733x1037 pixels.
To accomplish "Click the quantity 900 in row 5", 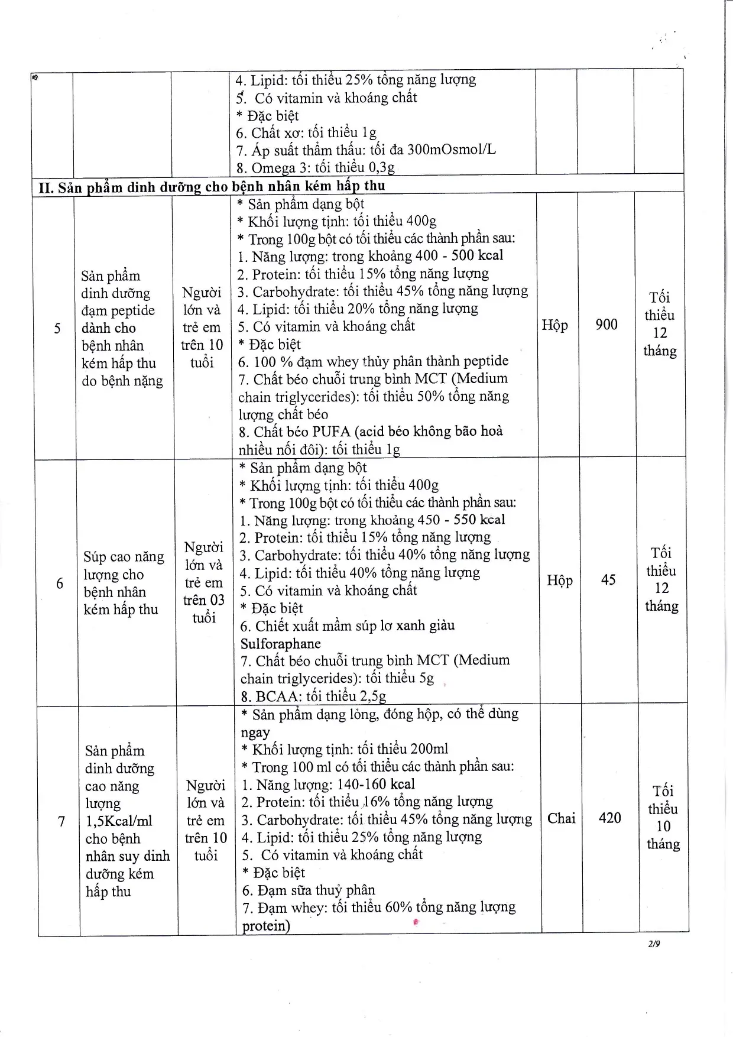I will pyautogui.click(x=606, y=325).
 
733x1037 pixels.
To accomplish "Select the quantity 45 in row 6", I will pyautogui.click(x=608, y=580).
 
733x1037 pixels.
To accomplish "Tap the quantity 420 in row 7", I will pyautogui.click(x=610, y=818).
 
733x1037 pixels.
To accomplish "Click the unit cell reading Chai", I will pyautogui.click(x=561, y=818).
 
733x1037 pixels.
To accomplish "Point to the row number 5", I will pyautogui.click(x=57, y=328).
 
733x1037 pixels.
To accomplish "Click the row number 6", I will pyautogui.click(x=60, y=584).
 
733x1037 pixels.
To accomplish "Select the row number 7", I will pyautogui.click(x=61, y=822).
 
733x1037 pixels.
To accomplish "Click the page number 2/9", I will pyautogui.click(x=653, y=944).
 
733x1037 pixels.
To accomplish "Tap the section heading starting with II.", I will pyautogui.click(x=212, y=187).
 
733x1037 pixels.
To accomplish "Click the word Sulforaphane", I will pyautogui.click(x=281, y=644).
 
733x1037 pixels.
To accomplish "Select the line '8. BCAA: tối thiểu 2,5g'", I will pyautogui.click(x=313, y=696).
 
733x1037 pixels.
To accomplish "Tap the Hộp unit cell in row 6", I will pyautogui.click(x=559, y=581).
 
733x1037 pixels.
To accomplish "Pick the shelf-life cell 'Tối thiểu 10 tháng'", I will pyautogui.click(x=663, y=818).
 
